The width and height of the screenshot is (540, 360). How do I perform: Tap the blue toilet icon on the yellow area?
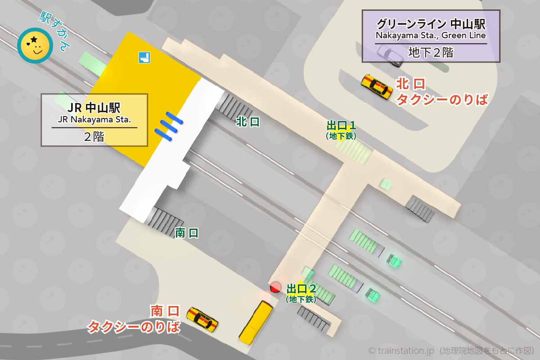[144, 58]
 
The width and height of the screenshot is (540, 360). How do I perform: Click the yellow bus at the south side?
[256, 322]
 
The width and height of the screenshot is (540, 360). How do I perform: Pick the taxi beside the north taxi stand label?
[377, 86]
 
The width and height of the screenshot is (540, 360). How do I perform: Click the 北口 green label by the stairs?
[248, 122]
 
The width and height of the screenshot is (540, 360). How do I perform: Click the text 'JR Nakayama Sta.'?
[94, 120]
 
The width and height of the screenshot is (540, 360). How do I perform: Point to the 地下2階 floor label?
[431, 53]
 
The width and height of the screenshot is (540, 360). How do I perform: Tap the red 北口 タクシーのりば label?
[441, 92]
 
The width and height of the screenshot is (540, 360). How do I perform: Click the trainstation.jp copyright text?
[451, 350]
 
